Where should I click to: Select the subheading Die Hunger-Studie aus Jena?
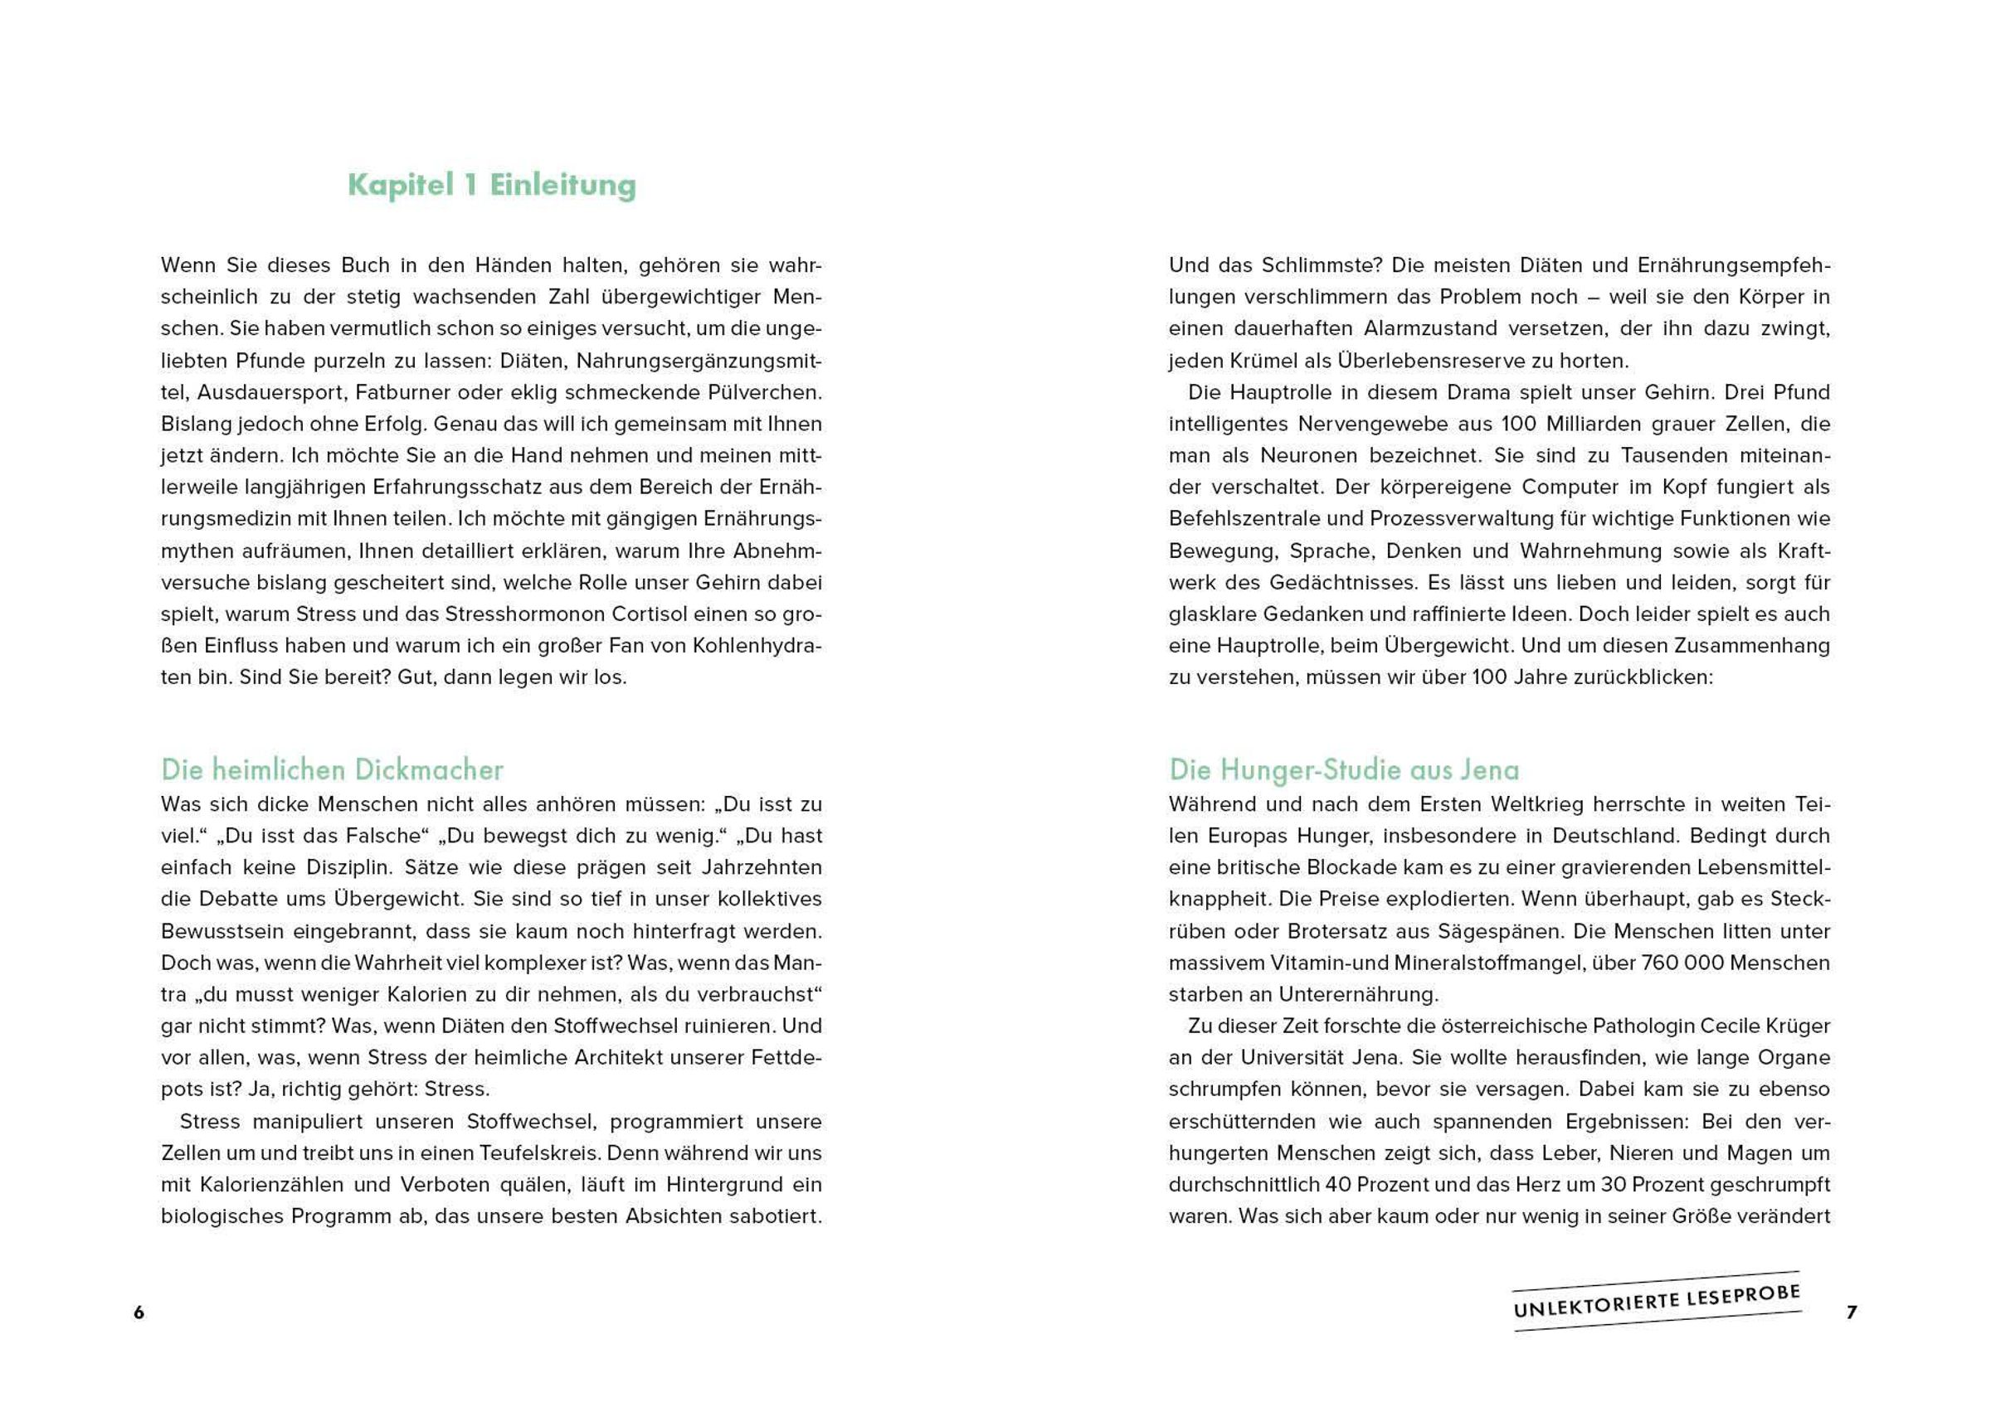tap(1344, 769)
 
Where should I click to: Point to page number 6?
tap(139, 1313)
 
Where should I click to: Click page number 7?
tap(1852, 1313)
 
